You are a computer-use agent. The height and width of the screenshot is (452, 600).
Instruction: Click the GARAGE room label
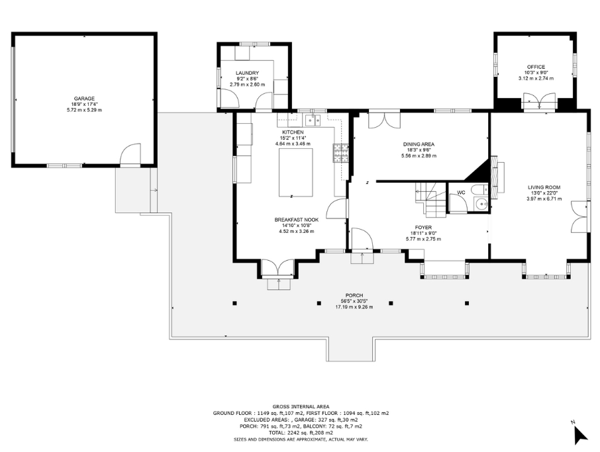84,99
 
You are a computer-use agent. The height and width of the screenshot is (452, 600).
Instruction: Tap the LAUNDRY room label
247,73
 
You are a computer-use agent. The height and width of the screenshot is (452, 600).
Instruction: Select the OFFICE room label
536,67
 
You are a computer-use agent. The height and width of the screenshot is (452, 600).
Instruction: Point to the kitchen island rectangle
296,173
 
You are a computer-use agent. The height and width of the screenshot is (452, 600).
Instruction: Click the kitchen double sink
313,120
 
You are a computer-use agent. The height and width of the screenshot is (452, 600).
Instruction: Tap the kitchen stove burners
340,153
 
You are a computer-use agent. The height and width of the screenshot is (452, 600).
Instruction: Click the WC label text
461,193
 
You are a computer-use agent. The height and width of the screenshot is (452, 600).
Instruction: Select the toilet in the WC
479,189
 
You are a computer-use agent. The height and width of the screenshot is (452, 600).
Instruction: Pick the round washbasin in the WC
480,204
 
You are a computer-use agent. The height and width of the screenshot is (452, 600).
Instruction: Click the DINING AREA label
419,144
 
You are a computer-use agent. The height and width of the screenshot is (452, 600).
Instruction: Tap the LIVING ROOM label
544,187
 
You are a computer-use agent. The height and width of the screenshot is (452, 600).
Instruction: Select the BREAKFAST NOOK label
296,220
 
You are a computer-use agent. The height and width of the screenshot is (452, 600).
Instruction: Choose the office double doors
539,101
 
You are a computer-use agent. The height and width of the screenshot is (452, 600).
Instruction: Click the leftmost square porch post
234,303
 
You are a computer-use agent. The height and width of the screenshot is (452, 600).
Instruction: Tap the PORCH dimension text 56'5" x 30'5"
354,301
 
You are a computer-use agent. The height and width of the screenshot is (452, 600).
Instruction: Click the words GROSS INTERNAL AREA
301,407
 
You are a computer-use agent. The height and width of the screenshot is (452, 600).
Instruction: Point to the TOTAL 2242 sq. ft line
301,433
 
